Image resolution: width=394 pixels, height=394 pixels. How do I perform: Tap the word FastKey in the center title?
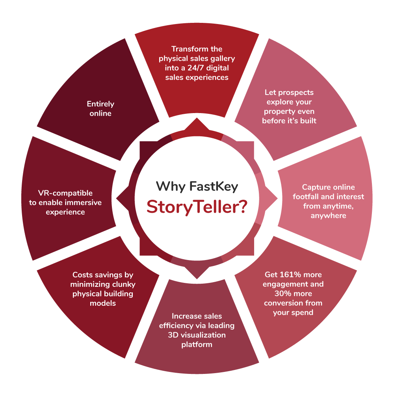click(x=214, y=186)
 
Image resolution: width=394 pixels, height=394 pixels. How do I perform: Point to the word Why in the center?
click(x=171, y=186)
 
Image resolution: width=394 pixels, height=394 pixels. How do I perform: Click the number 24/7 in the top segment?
click(x=195, y=68)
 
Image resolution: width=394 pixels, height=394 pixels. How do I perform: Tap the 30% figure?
click(x=282, y=294)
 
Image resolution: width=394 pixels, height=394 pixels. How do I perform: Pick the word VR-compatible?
click(x=65, y=193)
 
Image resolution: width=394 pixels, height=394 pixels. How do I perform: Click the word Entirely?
click(x=100, y=104)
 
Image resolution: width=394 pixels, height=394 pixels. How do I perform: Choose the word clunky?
click(x=124, y=284)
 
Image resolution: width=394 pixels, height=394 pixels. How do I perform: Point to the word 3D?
click(x=173, y=335)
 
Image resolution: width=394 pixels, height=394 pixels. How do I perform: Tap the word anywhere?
click(x=329, y=216)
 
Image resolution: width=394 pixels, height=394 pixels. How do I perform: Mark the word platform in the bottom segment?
click(x=197, y=344)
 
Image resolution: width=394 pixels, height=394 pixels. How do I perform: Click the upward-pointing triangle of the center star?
click(x=197, y=125)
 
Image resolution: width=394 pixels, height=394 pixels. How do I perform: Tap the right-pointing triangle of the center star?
click(x=271, y=199)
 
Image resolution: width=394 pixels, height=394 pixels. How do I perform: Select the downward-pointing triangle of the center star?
click(x=197, y=272)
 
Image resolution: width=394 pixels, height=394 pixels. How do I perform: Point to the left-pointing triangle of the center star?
click(x=123, y=199)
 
